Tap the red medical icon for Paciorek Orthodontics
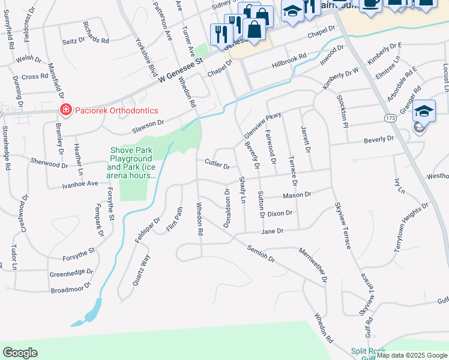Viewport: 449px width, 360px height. point(64,110)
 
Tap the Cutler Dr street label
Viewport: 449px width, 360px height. point(217,163)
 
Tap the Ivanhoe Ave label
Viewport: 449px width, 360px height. point(80,184)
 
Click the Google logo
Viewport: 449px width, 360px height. point(20,353)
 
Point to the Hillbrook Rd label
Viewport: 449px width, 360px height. point(289,59)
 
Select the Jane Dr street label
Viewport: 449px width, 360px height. point(271,231)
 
